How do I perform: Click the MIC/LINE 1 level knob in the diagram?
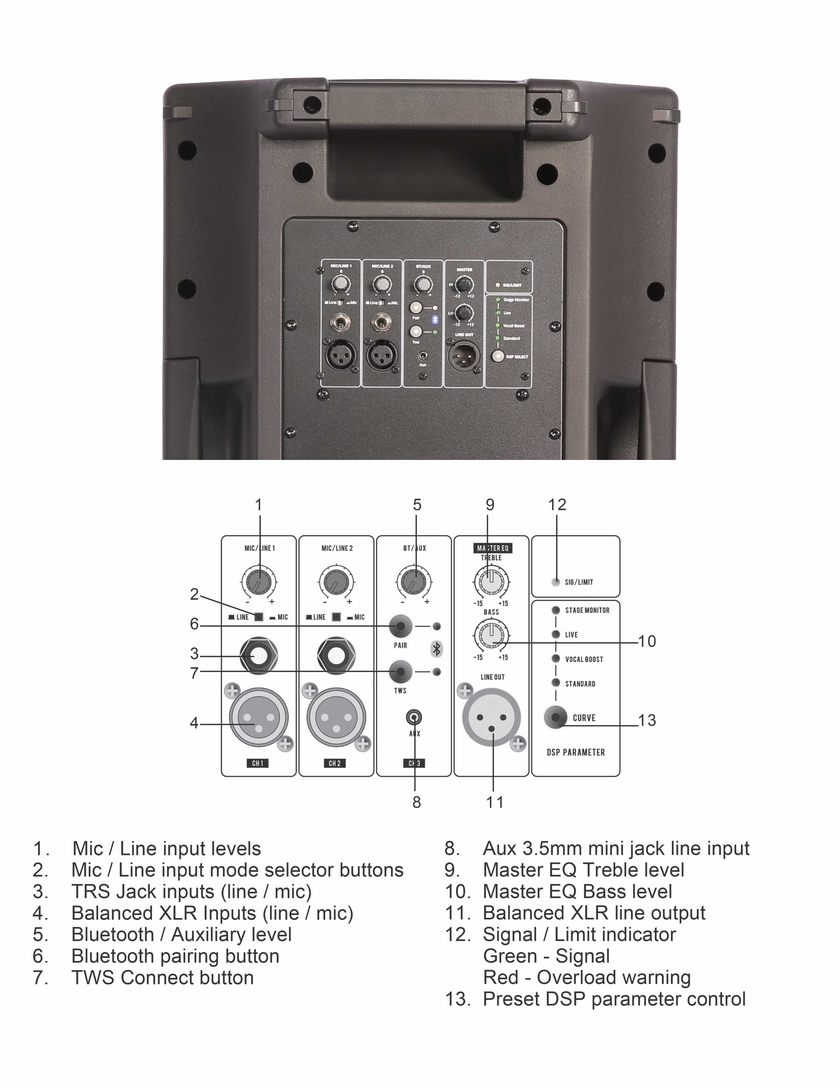pos(259,581)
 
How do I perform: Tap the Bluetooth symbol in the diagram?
pos(437,649)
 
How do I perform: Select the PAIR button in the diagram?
pos(401,626)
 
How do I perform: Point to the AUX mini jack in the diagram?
pos(414,718)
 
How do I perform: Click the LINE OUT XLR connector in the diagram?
pos(492,718)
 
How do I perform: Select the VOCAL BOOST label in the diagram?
pos(584,659)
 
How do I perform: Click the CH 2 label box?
pos(335,763)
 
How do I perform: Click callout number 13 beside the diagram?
pos(647,720)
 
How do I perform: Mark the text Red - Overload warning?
pos(587,977)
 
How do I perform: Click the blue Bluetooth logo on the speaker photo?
pos(434,320)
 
